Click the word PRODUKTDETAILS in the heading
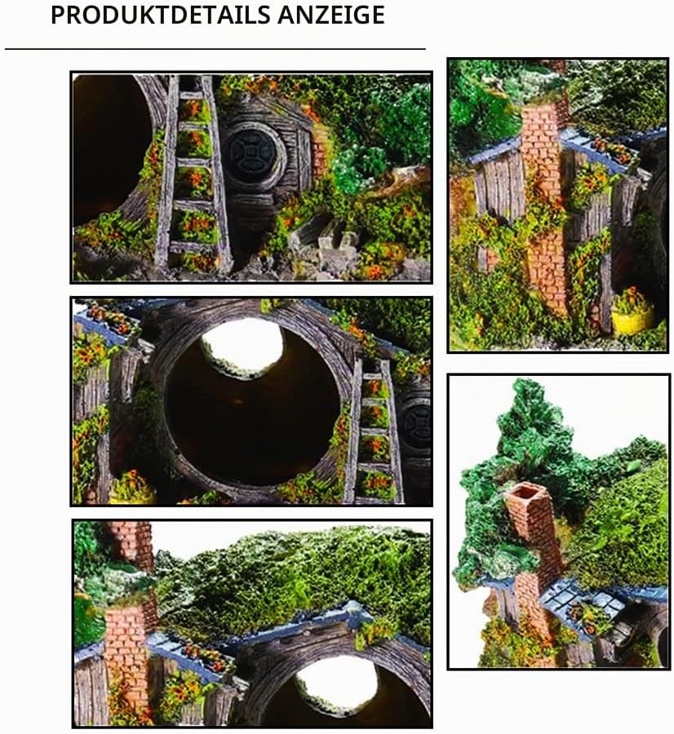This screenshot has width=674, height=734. pyautogui.click(x=161, y=15)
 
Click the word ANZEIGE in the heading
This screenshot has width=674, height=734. pyautogui.click(x=331, y=15)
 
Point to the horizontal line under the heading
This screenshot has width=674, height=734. pyautogui.click(x=215, y=48)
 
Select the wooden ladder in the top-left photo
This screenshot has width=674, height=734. pyautogui.click(x=194, y=173)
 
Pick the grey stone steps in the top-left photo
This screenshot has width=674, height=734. pyautogui.click(x=323, y=239)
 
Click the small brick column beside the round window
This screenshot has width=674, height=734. pyautogui.click(x=319, y=151)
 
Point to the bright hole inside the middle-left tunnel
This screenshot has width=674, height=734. pyautogui.click(x=242, y=347)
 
